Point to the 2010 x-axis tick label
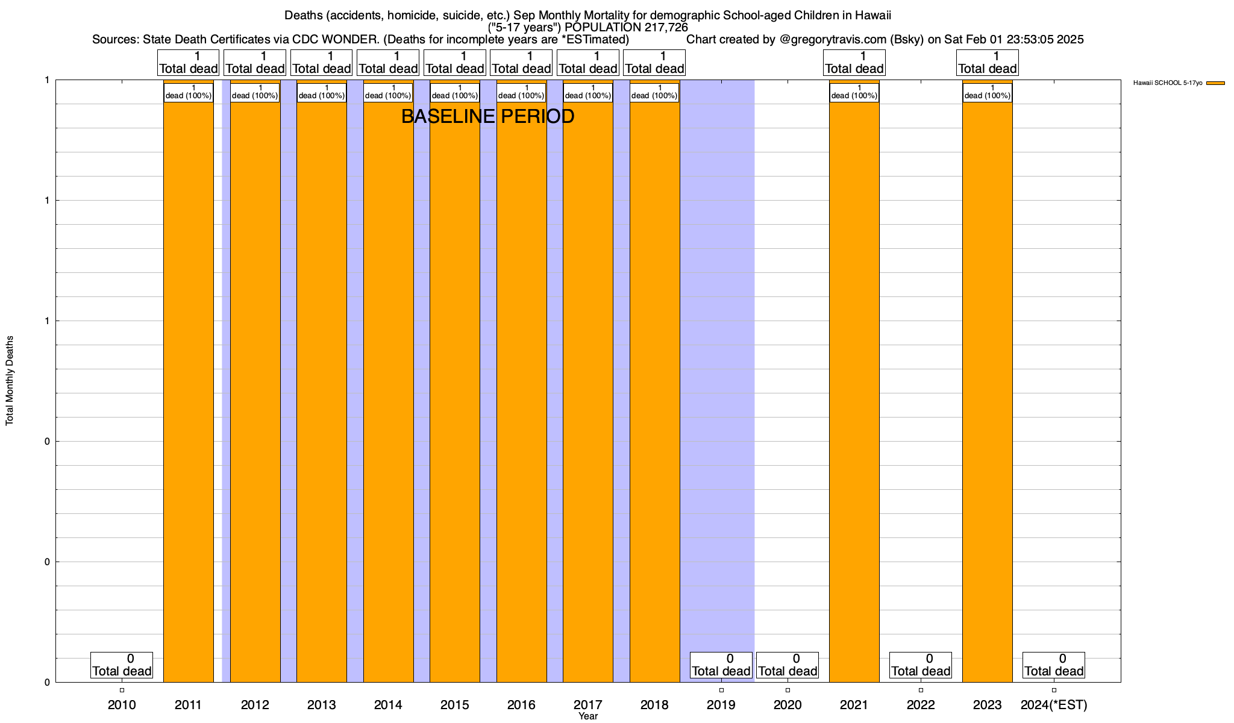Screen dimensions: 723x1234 (122, 705)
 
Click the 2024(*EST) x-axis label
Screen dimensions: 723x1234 (1054, 705)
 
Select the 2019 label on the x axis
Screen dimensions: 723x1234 (721, 705)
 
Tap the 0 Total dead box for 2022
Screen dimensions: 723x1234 (921, 665)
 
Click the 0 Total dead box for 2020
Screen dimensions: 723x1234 (788, 665)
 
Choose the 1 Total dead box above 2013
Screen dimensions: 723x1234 (321, 63)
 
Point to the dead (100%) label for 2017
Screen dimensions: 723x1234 (588, 92)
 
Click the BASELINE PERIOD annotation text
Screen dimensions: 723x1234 (487, 116)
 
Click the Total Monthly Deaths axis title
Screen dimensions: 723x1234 (10, 381)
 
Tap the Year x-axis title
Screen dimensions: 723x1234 (588, 716)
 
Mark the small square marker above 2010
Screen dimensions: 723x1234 (122, 690)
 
